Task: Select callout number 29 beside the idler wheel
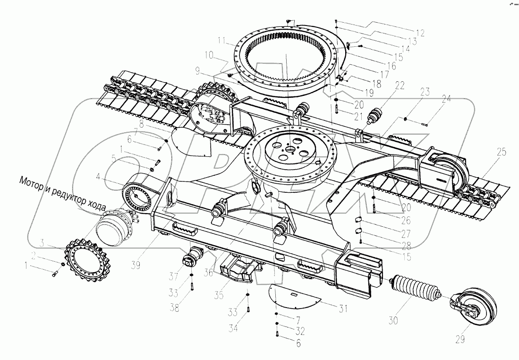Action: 460,339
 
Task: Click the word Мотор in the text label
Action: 30,181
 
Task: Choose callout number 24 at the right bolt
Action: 446,99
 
